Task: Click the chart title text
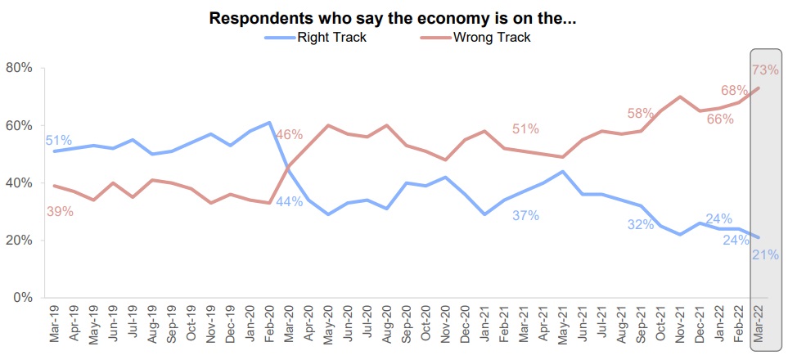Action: click(x=393, y=18)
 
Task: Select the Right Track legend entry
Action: click(x=325, y=37)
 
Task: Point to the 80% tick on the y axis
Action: click(x=19, y=68)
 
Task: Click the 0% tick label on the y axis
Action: click(x=22, y=298)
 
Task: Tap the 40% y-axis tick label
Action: click(x=19, y=183)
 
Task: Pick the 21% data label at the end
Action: click(x=765, y=255)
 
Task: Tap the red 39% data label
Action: click(x=60, y=211)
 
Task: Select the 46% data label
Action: click(x=289, y=135)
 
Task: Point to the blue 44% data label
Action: click(x=289, y=201)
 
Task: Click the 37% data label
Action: click(x=526, y=216)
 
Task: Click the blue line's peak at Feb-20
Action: click(x=269, y=123)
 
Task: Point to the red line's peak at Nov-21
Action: click(x=680, y=97)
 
